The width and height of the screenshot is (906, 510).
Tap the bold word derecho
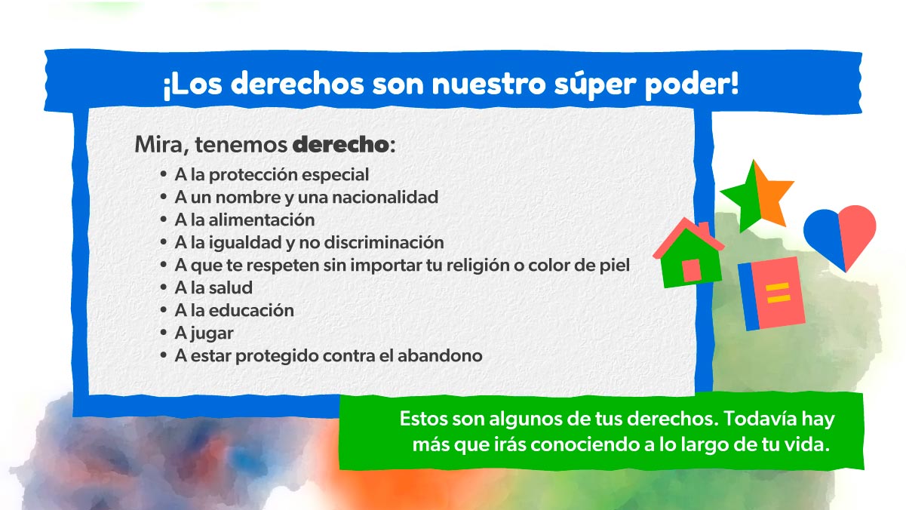340,144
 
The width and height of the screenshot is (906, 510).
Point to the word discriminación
384,243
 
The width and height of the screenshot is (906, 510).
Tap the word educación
251,311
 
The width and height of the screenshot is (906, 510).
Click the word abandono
440,356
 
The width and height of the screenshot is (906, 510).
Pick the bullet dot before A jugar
164,333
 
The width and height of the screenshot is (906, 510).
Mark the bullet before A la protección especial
164,174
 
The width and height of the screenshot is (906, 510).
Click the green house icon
689,253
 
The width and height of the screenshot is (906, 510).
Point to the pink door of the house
692,270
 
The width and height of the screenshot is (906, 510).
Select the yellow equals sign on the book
778,293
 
